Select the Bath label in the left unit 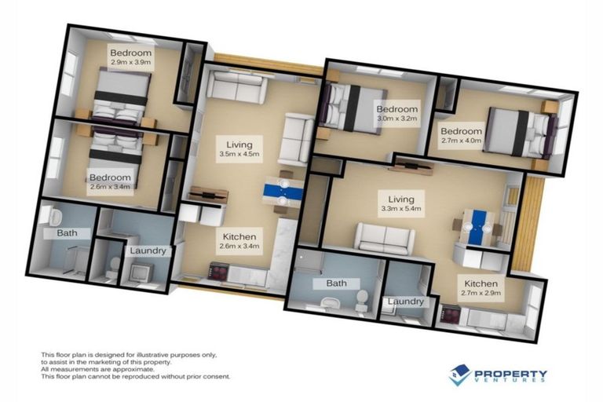click(67, 233)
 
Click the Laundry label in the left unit click(148, 251)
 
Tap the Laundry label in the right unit click(404, 301)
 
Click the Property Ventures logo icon click(460, 375)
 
